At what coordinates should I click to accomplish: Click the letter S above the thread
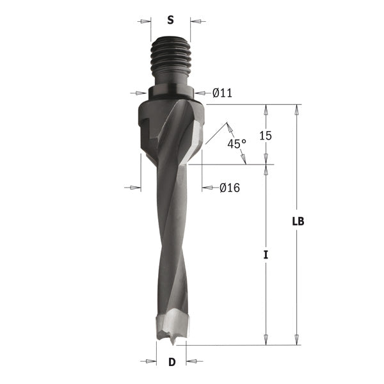170,20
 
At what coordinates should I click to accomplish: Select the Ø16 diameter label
228,188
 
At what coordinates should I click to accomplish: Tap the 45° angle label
236,144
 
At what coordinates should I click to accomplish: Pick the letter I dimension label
266,255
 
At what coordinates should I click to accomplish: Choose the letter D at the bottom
172,362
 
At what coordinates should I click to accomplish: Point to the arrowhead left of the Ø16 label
207,188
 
